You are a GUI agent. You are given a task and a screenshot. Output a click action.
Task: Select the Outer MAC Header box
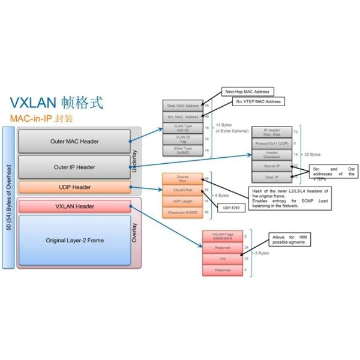tap(74, 142)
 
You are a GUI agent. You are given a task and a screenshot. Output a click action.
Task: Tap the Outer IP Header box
tap(74, 167)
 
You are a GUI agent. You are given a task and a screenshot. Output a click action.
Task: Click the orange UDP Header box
tap(74, 187)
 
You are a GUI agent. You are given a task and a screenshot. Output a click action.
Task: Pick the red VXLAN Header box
tap(74, 206)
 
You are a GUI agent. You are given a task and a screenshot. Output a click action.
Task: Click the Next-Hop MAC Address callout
tap(247, 92)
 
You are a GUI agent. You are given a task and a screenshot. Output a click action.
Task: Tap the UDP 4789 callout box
tap(229, 207)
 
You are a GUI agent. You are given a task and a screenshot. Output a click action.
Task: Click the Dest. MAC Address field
tap(183, 106)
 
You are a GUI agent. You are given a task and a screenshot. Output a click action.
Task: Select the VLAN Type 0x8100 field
tap(183, 128)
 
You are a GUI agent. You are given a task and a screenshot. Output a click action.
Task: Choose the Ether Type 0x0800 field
tap(183, 151)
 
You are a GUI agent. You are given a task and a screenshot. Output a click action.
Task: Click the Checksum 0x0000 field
tap(183, 212)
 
